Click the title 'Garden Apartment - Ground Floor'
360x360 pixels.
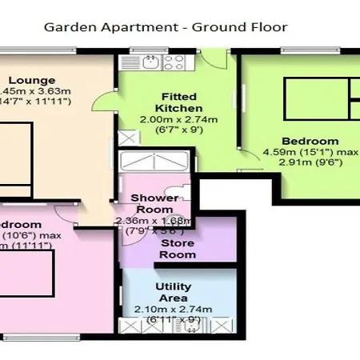(165, 27)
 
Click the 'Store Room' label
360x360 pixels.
(178, 248)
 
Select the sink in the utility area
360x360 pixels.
(190, 325)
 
